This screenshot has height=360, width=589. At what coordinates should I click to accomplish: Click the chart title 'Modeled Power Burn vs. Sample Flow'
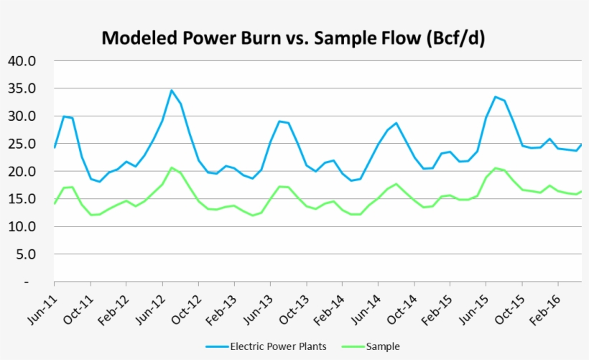293,38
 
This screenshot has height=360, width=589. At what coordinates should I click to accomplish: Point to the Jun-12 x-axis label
149,307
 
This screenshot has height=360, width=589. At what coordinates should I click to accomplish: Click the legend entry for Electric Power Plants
278,346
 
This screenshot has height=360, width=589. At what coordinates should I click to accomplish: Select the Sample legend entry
382,346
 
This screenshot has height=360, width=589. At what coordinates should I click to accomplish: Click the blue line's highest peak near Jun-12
172,91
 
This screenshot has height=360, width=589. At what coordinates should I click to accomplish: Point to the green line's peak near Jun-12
172,167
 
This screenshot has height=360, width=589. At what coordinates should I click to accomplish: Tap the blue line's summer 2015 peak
496,96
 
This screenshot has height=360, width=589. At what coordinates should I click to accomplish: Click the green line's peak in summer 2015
496,168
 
